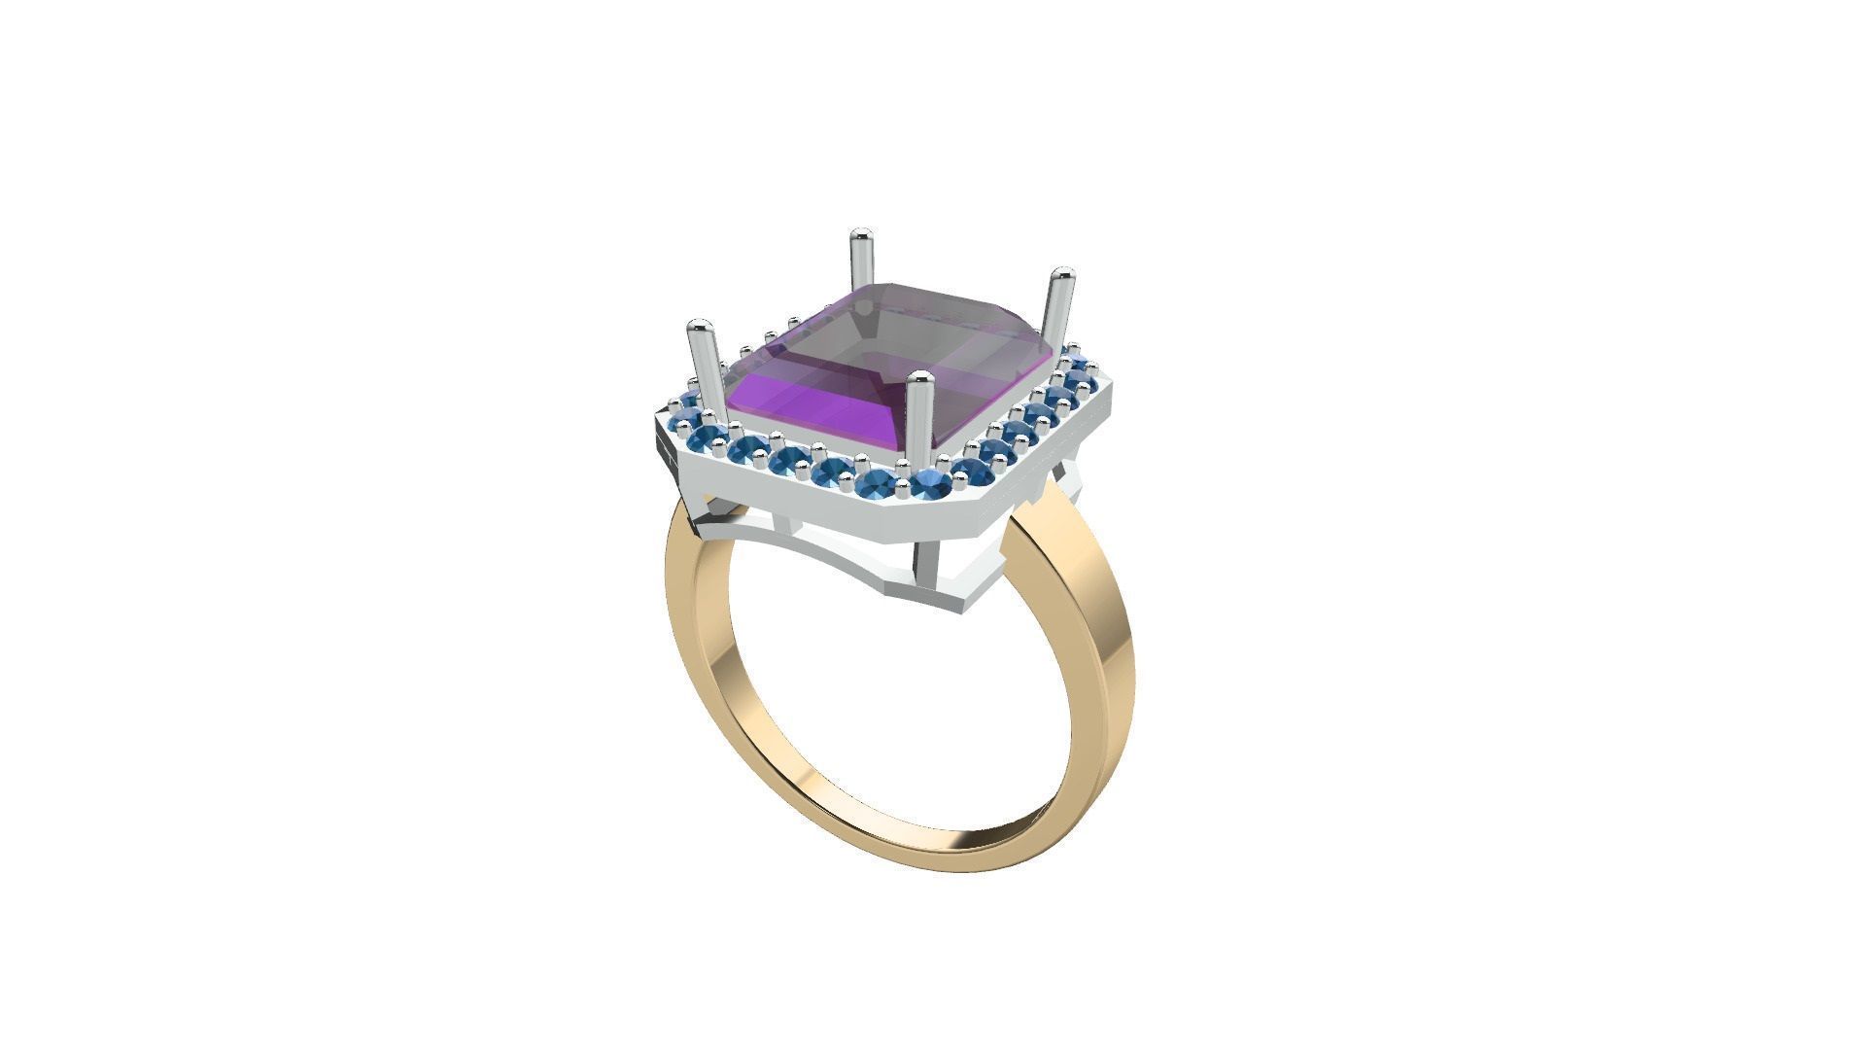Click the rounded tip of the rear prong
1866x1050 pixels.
coord(859,238)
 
